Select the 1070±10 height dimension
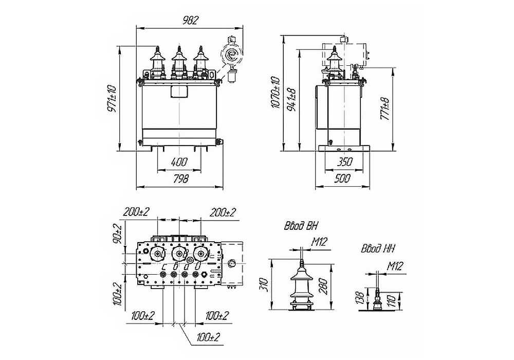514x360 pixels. pos(276,93)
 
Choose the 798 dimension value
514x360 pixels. pos(180,179)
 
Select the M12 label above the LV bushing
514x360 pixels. pos(394,266)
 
